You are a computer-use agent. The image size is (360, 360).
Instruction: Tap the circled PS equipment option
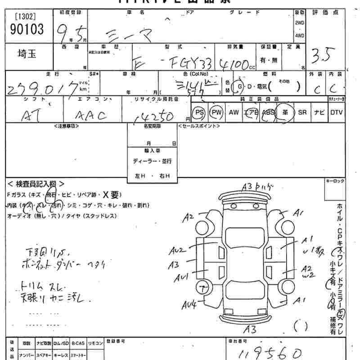[198, 112]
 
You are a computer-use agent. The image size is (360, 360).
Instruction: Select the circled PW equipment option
[217, 112]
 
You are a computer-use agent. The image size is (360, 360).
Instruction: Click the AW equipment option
[234, 112]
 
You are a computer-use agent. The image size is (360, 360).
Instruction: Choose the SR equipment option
[302, 112]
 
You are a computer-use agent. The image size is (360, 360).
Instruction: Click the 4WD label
[300, 35]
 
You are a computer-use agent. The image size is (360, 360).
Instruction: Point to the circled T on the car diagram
[205, 286]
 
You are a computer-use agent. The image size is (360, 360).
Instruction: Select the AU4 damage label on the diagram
[189, 306]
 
